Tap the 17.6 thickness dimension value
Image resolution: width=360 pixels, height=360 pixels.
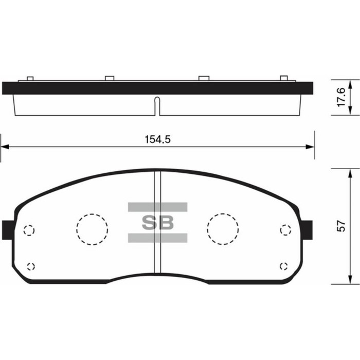tap(340, 96)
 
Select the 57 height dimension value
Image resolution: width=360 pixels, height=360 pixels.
tap(340, 226)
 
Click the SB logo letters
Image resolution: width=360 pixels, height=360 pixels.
tap(158, 223)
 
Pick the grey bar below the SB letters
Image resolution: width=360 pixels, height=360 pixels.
tap(157, 238)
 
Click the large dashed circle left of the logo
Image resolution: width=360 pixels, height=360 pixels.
tap(92, 228)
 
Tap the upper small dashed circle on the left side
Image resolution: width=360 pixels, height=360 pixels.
tap(29, 230)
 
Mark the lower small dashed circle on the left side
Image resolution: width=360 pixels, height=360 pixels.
tap(30, 266)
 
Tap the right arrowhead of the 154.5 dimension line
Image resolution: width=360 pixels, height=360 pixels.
tap(310, 147)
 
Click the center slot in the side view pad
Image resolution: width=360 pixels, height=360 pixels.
tap(158, 105)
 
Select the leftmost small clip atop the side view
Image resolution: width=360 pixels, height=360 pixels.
tap(30, 78)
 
